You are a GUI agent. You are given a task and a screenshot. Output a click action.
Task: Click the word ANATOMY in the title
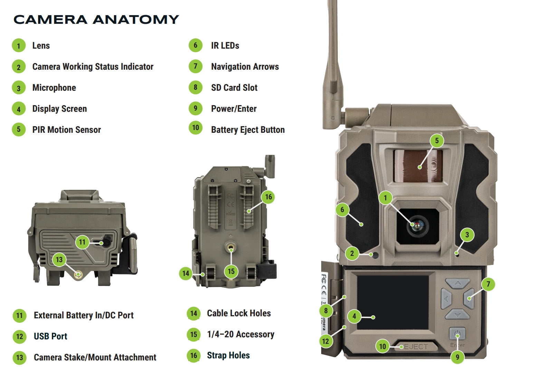136,20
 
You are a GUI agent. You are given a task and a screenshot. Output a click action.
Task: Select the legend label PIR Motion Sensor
66,130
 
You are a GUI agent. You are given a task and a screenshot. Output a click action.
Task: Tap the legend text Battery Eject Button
248,130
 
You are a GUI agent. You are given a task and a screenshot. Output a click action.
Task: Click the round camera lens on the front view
418,226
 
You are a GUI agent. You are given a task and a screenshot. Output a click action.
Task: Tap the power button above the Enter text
457,334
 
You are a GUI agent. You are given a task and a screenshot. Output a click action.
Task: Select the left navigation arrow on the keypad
446,299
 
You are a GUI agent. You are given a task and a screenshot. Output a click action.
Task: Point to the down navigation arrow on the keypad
458,314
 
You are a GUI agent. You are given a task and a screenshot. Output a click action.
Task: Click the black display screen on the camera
392,302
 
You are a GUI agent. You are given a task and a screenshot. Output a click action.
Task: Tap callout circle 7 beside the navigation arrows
488,284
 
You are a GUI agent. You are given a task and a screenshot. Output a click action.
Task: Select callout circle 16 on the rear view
268,197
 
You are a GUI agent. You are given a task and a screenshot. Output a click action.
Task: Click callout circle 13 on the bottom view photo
59,259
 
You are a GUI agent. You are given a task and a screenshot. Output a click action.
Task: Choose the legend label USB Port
50,336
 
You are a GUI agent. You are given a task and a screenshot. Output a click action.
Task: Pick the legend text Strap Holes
228,355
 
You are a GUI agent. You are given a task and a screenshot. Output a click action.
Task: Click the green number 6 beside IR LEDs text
195,46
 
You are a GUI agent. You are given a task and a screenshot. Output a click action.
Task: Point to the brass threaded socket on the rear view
231,248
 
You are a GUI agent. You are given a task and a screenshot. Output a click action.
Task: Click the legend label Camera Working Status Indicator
93,67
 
